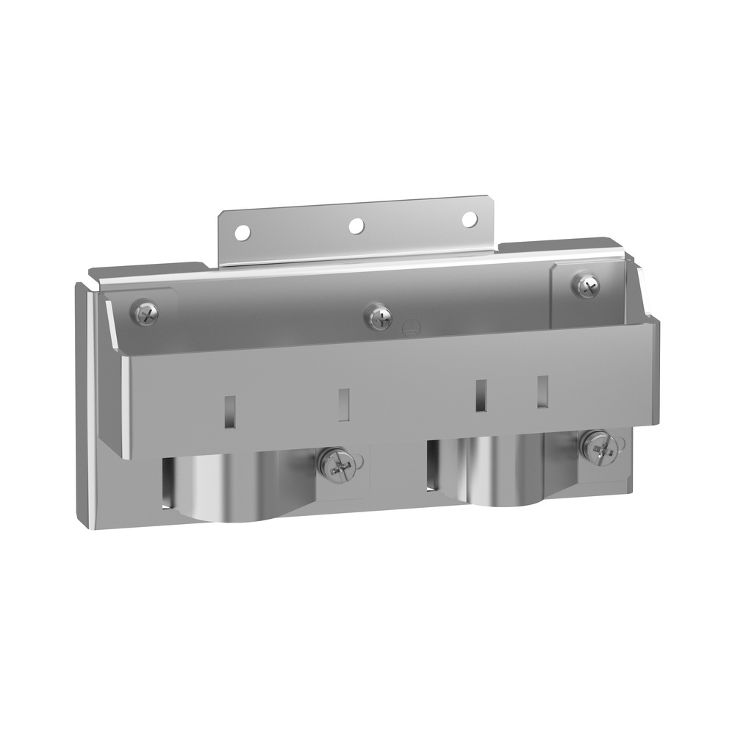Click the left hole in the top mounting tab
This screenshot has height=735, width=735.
tap(240, 234)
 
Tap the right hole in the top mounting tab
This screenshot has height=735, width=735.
tap(468, 219)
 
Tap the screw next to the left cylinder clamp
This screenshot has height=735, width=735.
tap(336, 465)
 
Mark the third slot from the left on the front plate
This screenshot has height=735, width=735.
tap(481, 394)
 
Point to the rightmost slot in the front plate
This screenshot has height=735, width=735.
tap(542, 392)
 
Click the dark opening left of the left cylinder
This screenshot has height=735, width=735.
tap(168, 481)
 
